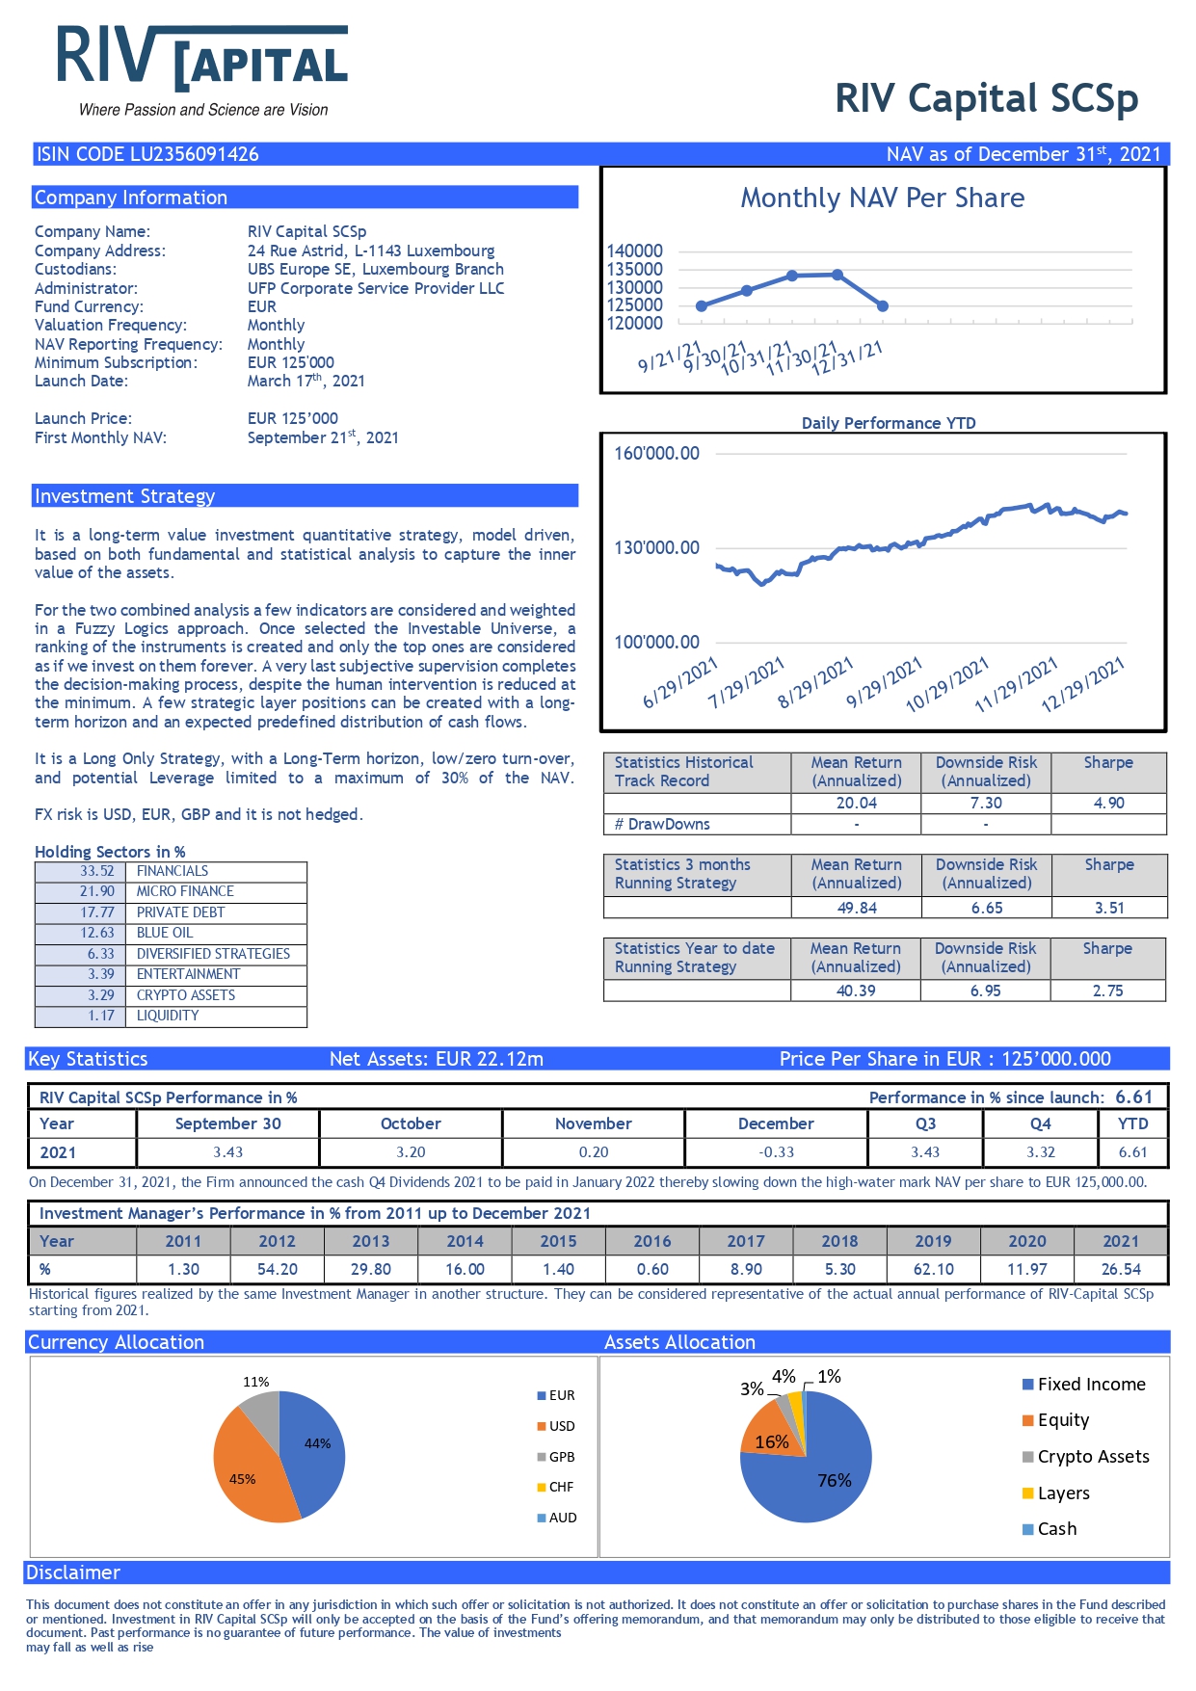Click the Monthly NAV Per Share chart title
tap(882, 198)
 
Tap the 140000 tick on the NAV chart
tap(634, 251)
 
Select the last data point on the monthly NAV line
tap(883, 306)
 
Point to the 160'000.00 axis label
tap(657, 453)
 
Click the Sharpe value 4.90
tap(1108, 803)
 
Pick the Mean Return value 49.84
tap(857, 908)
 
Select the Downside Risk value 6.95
tap(986, 991)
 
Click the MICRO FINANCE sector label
tap(185, 891)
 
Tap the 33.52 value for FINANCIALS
tap(96, 871)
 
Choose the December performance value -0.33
tap(776, 1151)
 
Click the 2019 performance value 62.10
tap(933, 1269)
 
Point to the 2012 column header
tap(277, 1241)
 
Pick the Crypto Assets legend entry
tap(1085, 1457)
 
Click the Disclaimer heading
tap(73, 1572)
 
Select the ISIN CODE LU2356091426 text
tap(147, 154)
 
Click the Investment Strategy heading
tap(124, 496)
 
